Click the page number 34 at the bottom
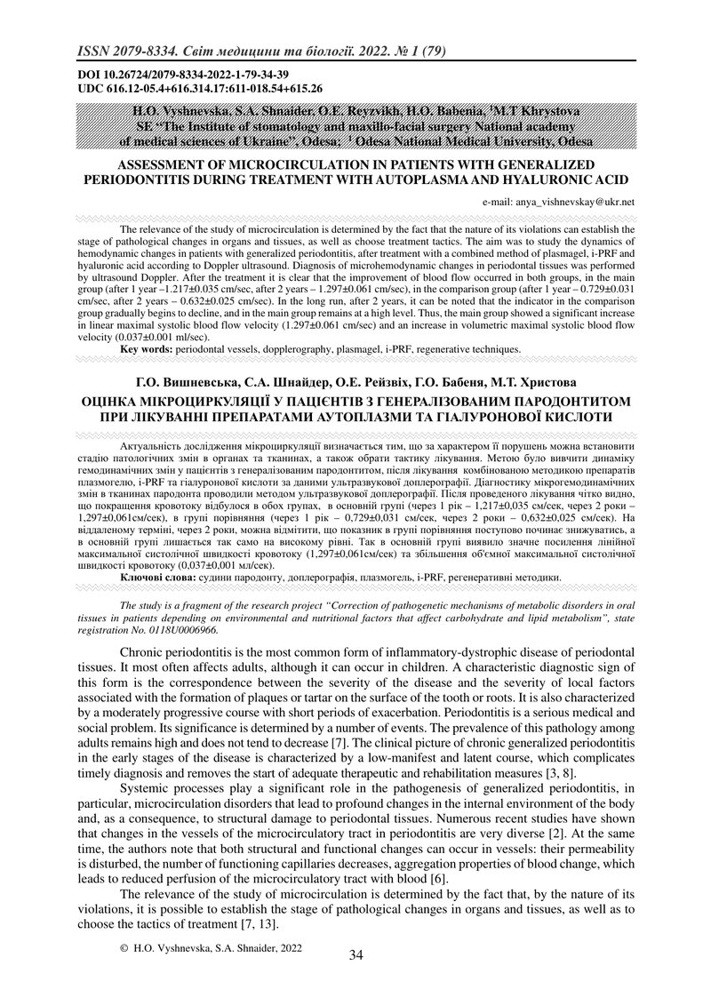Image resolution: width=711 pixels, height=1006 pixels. [356, 955]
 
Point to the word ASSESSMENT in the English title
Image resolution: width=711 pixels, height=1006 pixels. [163, 165]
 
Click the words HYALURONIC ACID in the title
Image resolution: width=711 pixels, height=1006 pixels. [565, 179]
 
